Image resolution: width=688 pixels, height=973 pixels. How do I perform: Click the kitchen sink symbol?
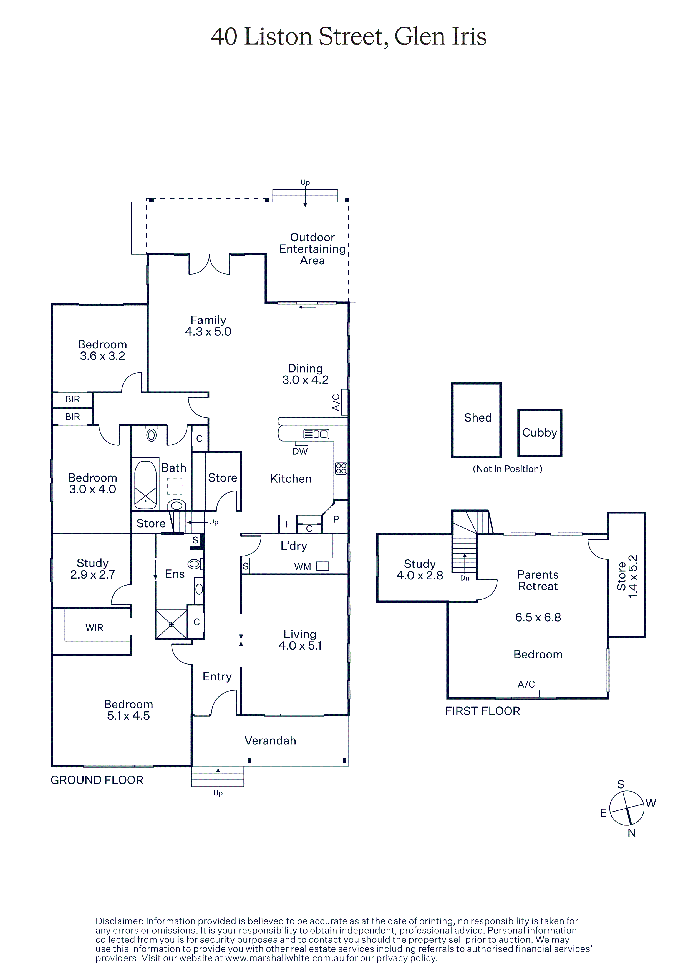316,434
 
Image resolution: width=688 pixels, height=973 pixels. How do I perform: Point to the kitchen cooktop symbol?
341,468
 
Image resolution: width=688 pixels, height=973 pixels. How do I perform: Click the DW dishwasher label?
300,451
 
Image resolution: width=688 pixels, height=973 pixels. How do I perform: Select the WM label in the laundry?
302,567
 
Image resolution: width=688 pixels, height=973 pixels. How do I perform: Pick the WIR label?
94,628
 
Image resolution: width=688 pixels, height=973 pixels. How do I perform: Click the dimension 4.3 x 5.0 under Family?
208,331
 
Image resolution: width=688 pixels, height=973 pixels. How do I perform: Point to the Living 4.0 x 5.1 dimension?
300,646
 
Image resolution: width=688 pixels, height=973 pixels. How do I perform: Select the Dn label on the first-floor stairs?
465,578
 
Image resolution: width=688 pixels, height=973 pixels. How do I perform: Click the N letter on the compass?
632,833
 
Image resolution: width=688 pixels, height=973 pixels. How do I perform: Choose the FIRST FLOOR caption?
482,711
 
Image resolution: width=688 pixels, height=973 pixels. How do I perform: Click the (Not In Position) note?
507,469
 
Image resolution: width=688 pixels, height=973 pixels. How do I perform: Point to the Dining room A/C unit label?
336,402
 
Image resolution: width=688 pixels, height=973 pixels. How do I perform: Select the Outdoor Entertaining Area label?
313,249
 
